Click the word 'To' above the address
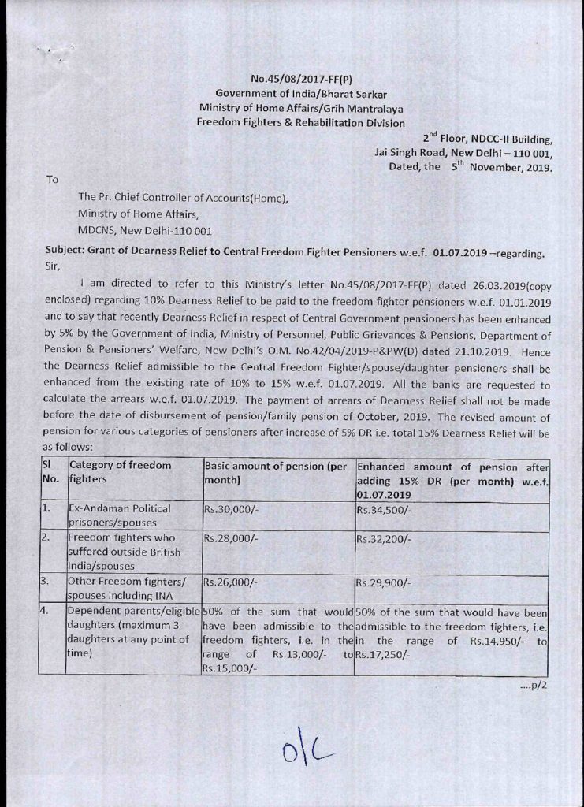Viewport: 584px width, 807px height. [x=53, y=180]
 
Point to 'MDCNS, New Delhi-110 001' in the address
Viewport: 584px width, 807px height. [x=144, y=231]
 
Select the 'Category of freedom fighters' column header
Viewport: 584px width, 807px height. [x=121, y=471]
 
